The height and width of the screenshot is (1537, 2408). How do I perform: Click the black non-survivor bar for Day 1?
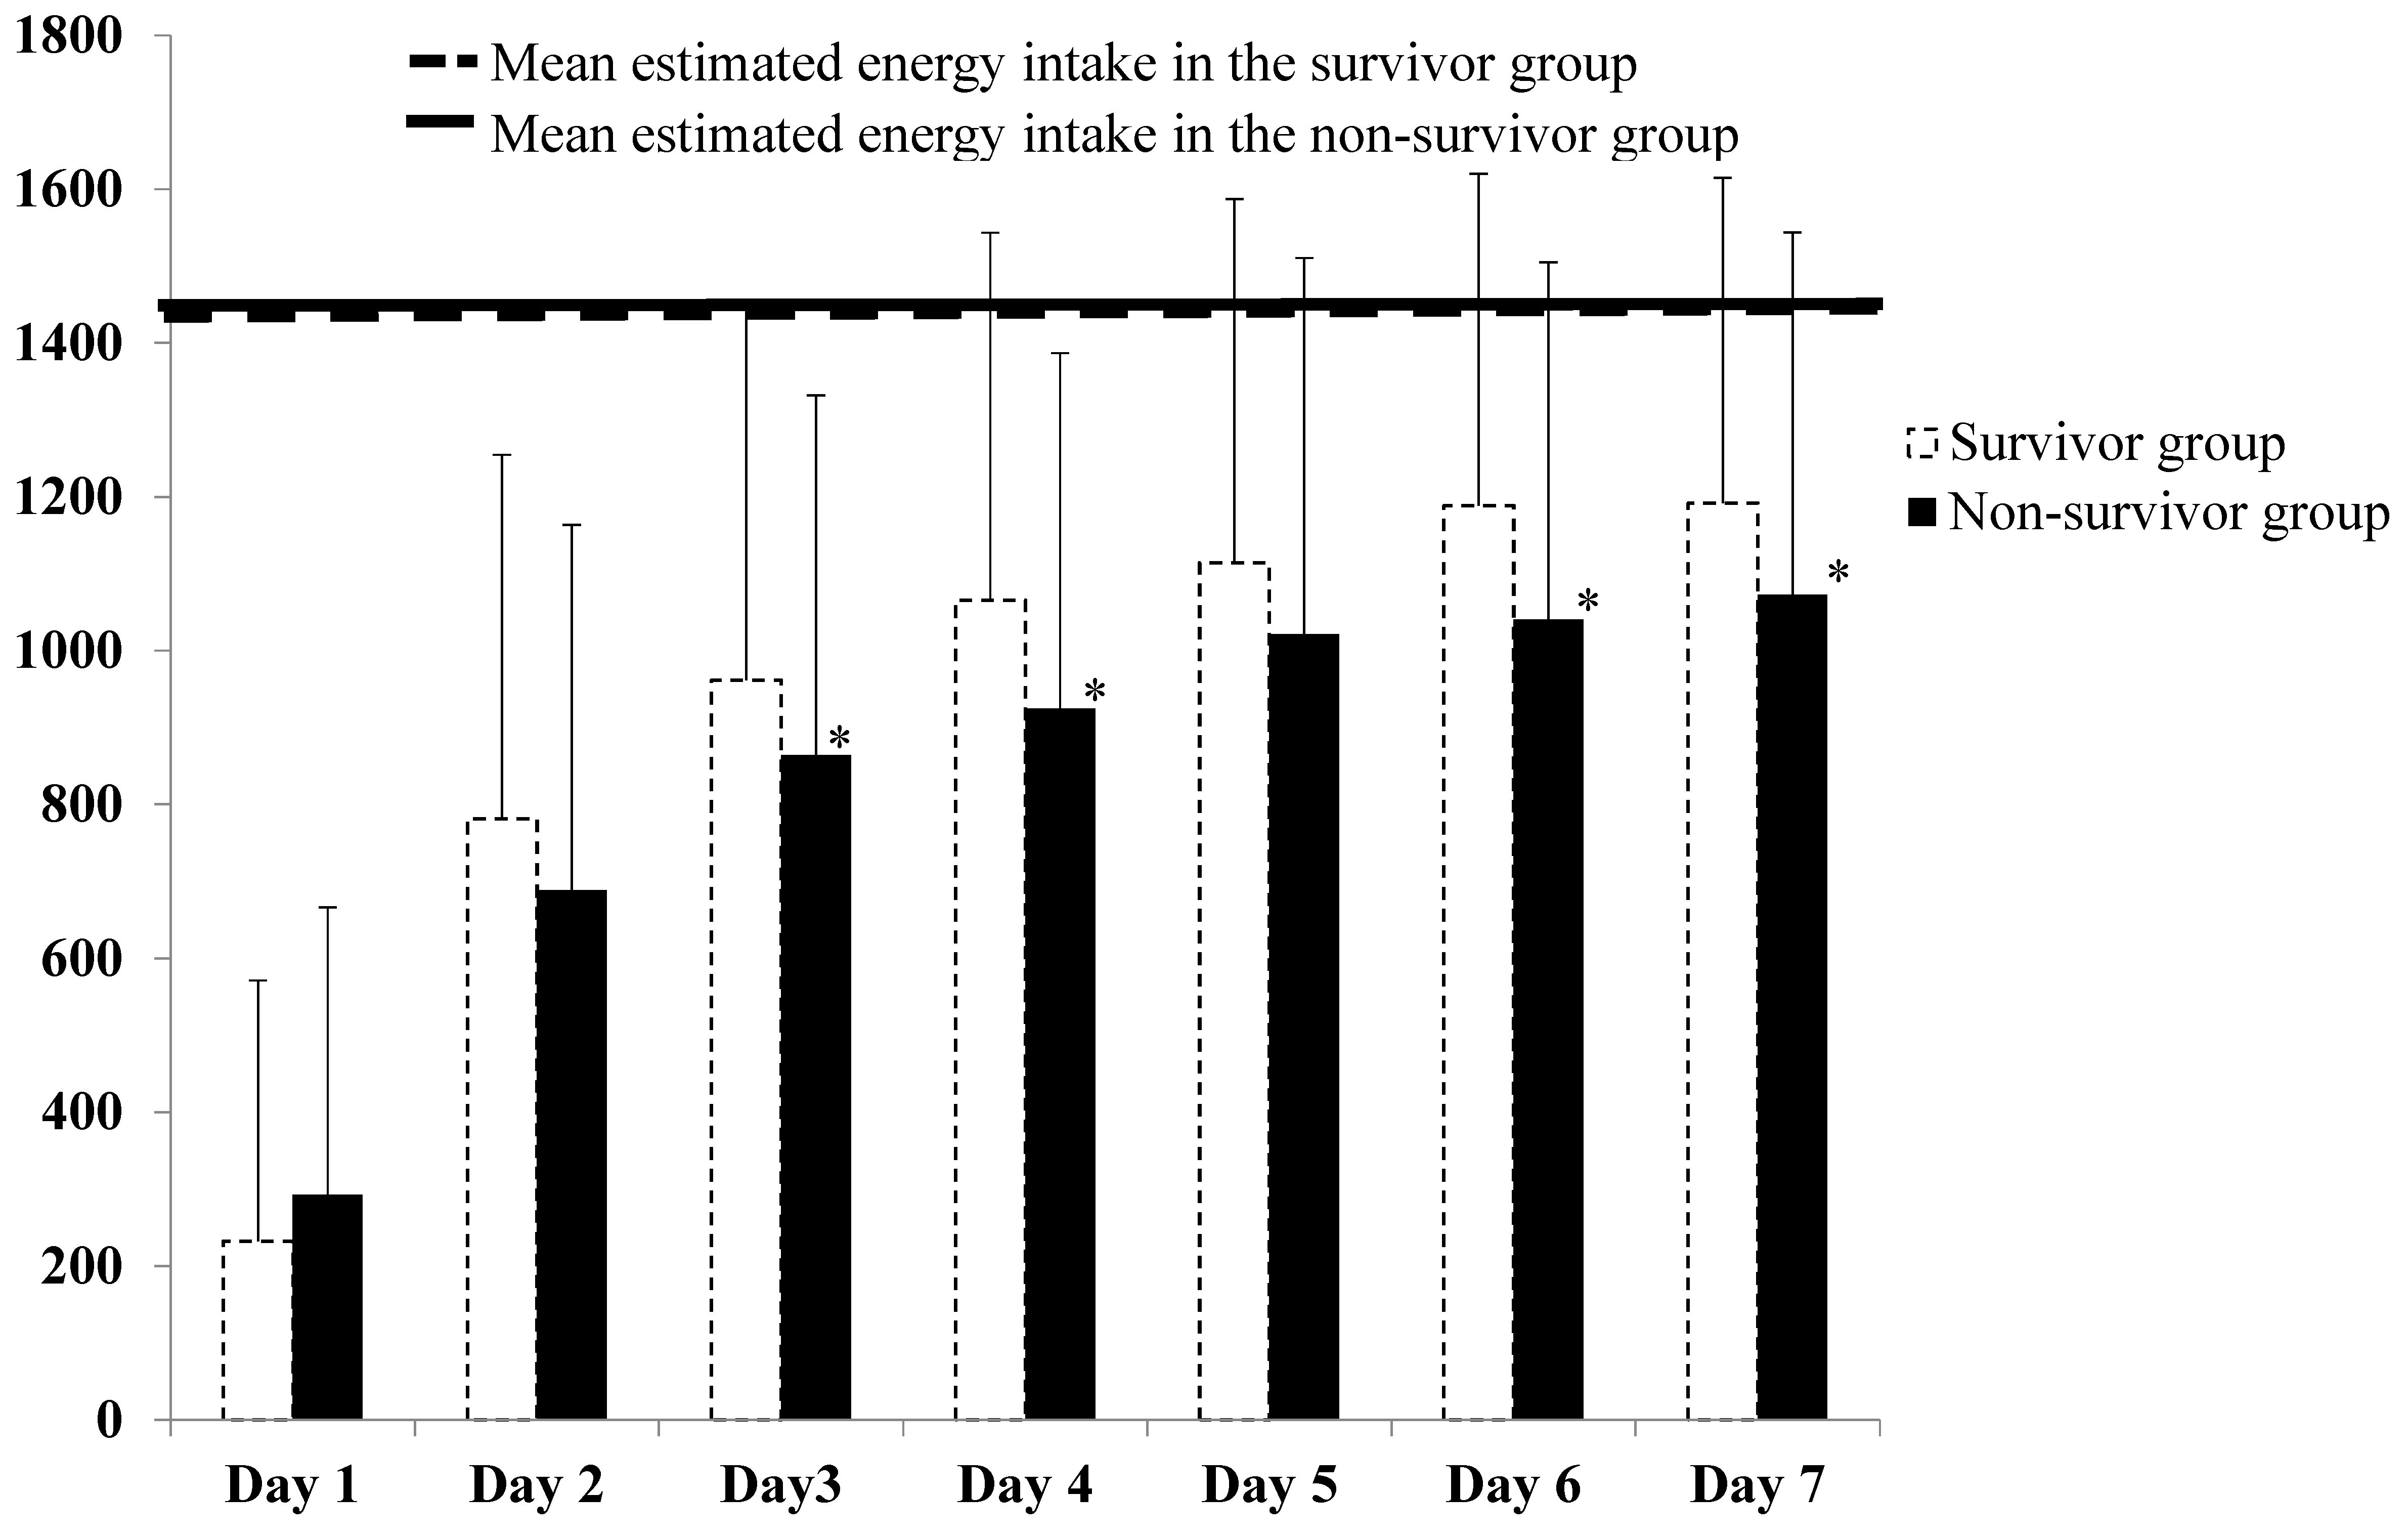(327, 1307)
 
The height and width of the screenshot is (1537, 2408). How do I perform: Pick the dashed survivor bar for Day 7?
(1722, 960)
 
